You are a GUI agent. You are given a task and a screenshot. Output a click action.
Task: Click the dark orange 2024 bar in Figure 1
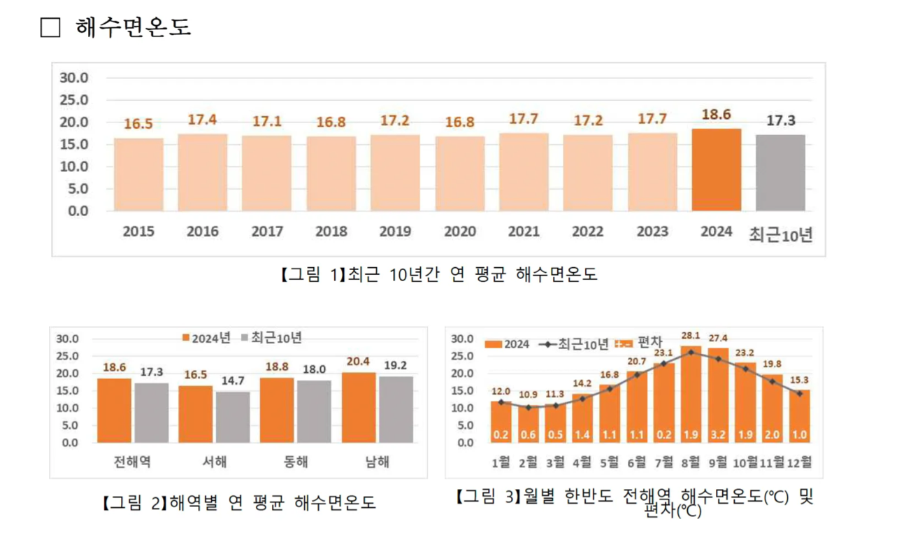[x=717, y=170]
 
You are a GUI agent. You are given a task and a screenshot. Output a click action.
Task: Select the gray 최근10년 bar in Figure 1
[x=780, y=173]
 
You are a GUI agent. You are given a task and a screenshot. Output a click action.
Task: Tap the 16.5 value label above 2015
[x=138, y=124]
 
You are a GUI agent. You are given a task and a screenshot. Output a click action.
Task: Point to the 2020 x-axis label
[x=460, y=232]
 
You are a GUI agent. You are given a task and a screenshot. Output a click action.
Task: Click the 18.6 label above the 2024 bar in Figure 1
[x=717, y=115]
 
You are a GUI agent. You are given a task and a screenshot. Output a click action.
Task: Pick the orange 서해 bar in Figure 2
[x=196, y=414]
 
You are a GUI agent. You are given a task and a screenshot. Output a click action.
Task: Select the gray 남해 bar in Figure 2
[x=396, y=409]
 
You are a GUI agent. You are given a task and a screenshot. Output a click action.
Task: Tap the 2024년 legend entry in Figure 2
[x=206, y=337]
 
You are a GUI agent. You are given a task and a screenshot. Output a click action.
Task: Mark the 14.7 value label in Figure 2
[x=233, y=381]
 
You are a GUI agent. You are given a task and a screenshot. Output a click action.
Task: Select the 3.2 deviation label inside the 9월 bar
[x=718, y=434]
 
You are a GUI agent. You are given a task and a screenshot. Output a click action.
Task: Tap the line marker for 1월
[x=501, y=402]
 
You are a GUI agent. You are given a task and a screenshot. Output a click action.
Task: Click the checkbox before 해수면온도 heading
[x=50, y=28]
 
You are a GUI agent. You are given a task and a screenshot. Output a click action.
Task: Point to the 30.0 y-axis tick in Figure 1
[x=73, y=78]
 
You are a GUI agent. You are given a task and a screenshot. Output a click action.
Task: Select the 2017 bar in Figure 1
[x=266, y=173]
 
